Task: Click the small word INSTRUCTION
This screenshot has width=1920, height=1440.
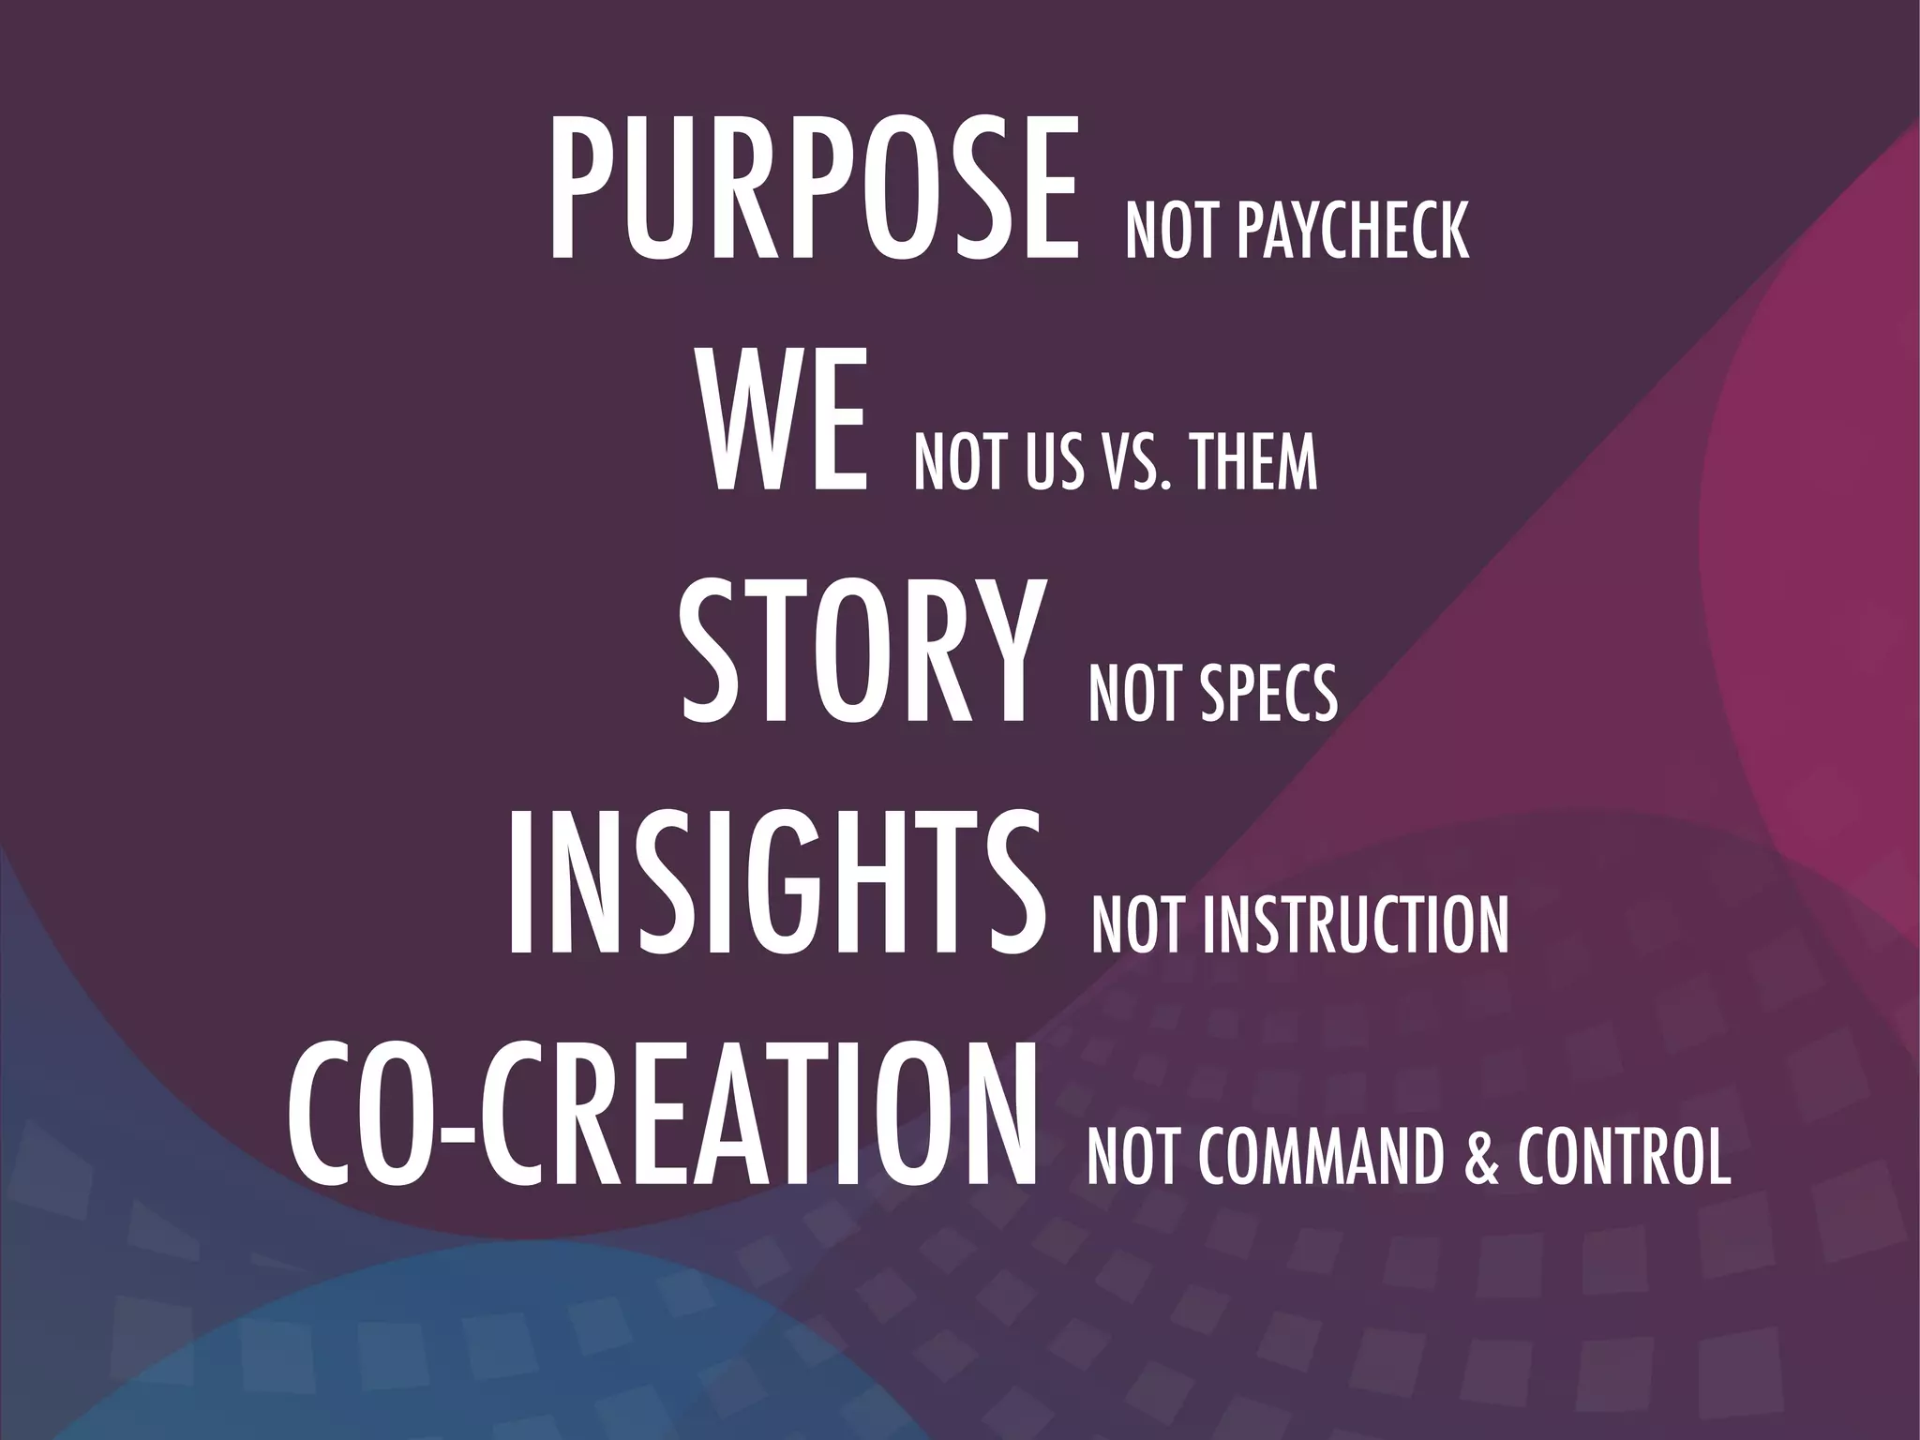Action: coord(1356,926)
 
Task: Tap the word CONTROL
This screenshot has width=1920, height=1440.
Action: coord(1625,1159)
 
